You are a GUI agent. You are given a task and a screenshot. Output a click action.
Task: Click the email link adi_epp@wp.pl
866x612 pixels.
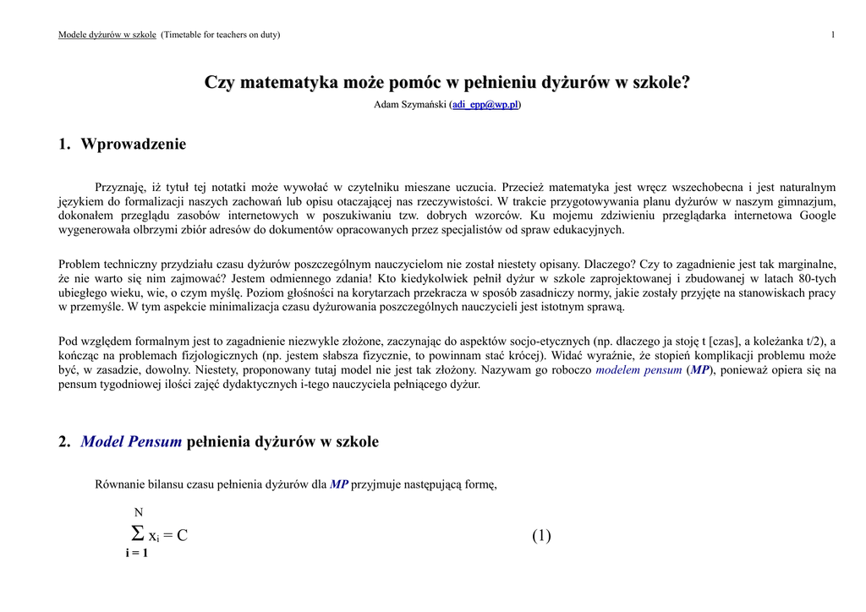coord(485,105)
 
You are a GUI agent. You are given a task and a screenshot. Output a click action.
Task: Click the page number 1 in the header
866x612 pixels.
coord(833,35)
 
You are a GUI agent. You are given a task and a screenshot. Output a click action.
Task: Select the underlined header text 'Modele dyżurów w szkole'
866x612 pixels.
coord(107,35)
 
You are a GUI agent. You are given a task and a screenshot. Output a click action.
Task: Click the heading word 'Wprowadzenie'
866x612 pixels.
coord(134,145)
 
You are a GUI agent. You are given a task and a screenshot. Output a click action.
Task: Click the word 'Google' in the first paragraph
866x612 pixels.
coord(818,216)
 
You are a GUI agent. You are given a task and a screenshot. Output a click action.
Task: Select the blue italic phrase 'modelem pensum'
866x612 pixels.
coord(639,370)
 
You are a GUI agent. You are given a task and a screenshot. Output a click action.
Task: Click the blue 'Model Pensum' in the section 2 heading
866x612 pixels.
coord(131,442)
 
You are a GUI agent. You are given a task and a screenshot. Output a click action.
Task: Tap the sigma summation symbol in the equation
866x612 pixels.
coord(137,534)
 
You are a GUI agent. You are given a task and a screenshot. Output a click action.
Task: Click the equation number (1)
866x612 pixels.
coord(541,535)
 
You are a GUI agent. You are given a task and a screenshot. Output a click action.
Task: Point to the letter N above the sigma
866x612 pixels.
coord(139,512)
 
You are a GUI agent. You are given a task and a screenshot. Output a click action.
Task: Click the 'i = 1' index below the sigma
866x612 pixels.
coord(136,554)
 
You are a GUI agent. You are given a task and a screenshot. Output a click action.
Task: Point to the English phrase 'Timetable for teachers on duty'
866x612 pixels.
coord(221,35)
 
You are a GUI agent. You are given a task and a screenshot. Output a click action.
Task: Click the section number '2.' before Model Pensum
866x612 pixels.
coord(64,442)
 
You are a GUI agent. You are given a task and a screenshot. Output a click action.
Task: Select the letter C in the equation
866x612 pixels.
coord(182,536)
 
